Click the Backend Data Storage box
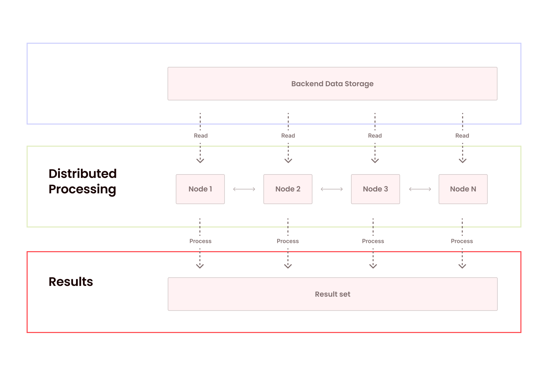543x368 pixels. point(332,84)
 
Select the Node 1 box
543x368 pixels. point(200,189)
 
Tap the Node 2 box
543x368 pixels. point(288,189)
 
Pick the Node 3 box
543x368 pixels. point(375,189)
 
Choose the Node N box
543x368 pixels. point(463,189)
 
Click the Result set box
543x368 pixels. point(332,294)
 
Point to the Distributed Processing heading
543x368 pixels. point(82,181)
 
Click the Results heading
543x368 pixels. point(71,282)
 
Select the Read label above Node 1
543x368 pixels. point(201,136)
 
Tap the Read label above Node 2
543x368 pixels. point(288,136)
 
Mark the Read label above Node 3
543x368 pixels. point(375,136)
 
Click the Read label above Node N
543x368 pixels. point(462,136)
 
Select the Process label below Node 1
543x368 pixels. point(200,241)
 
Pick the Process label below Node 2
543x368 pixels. point(288,241)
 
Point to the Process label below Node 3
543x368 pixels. point(373,241)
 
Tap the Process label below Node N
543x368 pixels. point(462,241)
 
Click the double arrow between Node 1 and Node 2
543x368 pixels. point(244,189)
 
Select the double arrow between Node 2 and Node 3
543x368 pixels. point(332,189)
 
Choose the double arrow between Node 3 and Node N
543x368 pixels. point(420,189)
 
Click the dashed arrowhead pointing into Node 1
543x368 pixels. point(200,161)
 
